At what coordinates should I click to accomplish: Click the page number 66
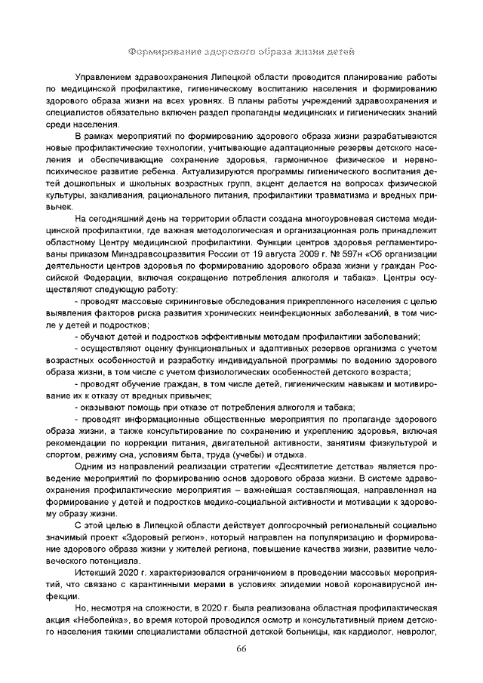[x=241, y=650]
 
